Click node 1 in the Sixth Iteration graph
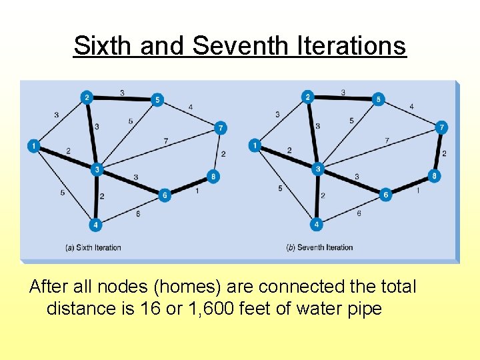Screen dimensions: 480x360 coord(33,145)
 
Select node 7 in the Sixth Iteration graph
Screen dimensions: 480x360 coord(221,127)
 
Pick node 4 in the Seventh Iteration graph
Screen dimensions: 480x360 coord(317,225)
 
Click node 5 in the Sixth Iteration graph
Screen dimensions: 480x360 coord(157,100)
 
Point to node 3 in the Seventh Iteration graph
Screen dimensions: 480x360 coord(318,169)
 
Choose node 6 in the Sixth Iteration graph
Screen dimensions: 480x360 coord(165,195)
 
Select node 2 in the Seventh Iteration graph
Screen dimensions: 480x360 coord(307,97)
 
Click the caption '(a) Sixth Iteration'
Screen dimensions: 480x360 coord(93,248)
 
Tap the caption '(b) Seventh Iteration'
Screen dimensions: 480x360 coord(319,248)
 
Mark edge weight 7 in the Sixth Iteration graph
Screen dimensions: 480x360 coord(165,141)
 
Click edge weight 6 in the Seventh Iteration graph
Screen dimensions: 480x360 coord(359,213)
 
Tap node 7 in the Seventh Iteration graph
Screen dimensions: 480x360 coord(441,127)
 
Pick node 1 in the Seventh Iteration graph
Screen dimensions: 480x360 coord(255,145)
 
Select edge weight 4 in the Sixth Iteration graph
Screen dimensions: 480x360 coord(191,107)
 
